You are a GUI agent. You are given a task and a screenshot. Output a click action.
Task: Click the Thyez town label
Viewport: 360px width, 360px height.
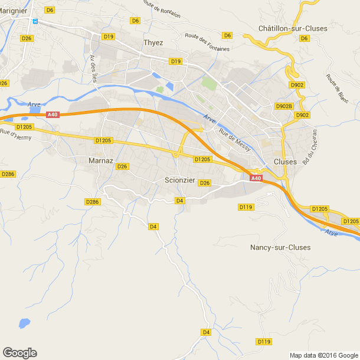pyautogui.click(x=153, y=42)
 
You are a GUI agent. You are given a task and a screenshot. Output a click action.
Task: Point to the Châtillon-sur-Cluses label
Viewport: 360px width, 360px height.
pyautogui.click(x=293, y=28)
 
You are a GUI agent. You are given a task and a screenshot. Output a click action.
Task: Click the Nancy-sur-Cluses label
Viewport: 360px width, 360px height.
pyautogui.click(x=280, y=247)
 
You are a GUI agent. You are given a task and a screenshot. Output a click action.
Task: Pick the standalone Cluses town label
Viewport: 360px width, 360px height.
pyautogui.click(x=285, y=162)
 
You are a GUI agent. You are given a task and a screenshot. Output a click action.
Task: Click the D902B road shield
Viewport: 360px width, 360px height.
pyautogui.click(x=284, y=106)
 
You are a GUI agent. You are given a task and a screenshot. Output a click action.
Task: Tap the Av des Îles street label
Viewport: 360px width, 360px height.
pyautogui.click(x=93, y=73)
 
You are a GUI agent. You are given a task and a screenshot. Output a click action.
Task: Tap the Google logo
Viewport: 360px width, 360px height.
pyautogui.click(x=19, y=352)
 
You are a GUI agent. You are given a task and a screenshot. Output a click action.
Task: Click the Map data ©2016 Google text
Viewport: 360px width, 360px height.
pyautogui.click(x=323, y=355)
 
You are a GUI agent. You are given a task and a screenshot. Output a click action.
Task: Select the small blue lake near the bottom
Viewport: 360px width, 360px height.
pyautogui.click(x=24, y=323)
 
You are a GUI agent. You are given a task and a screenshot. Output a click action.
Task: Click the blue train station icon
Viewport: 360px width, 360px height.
pyautogui.click(x=35, y=22)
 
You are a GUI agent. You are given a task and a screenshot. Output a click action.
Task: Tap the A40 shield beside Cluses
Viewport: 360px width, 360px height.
pyautogui.click(x=256, y=178)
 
